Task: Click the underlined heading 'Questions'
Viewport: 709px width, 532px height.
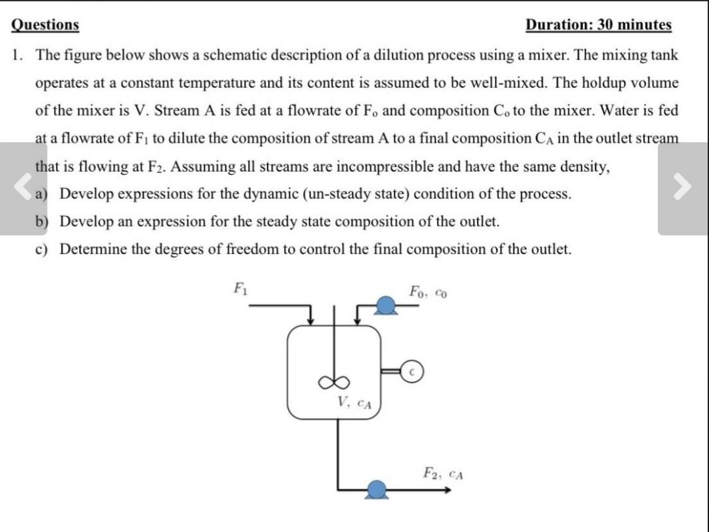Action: click(45, 25)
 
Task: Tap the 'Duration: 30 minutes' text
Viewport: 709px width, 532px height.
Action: click(598, 25)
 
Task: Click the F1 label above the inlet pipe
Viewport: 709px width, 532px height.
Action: click(239, 289)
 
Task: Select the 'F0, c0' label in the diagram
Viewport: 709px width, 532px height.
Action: click(428, 292)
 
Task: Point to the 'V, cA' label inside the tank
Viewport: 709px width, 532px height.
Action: click(354, 402)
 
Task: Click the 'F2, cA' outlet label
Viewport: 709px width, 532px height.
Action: click(443, 473)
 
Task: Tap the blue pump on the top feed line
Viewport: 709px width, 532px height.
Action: click(385, 305)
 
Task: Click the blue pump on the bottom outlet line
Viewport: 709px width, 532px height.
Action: click(378, 491)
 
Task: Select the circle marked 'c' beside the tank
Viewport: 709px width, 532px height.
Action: click(412, 371)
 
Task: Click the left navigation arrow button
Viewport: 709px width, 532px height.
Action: click(23, 188)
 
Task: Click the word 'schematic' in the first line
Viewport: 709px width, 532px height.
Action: click(231, 55)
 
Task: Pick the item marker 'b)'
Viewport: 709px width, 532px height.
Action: click(43, 221)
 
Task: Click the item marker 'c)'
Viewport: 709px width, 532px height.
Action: click(42, 249)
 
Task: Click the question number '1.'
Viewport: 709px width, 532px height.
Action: click(18, 55)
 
